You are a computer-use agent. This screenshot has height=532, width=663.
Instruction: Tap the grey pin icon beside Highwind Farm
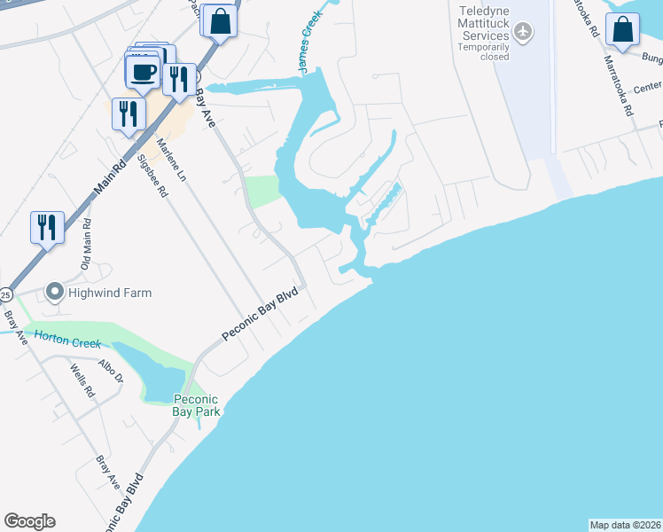pyautogui.click(x=54, y=292)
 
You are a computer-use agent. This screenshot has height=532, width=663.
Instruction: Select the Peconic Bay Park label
pyautogui.click(x=196, y=405)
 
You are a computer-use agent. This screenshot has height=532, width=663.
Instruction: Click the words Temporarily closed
pyautogui.click(x=484, y=51)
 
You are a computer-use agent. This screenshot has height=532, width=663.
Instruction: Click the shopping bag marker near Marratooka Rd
pyautogui.click(x=624, y=29)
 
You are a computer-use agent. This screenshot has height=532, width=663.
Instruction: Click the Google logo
pyautogui.click(x=29, y=521)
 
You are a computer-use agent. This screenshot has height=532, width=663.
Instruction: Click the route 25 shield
pyautogui.click(x=5, y=293)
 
